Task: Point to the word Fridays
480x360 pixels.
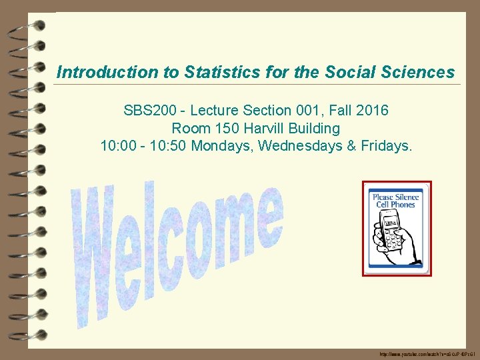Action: point(387,145)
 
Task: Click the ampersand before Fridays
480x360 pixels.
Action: point(350,145)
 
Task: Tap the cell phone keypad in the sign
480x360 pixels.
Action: point(393,237)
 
